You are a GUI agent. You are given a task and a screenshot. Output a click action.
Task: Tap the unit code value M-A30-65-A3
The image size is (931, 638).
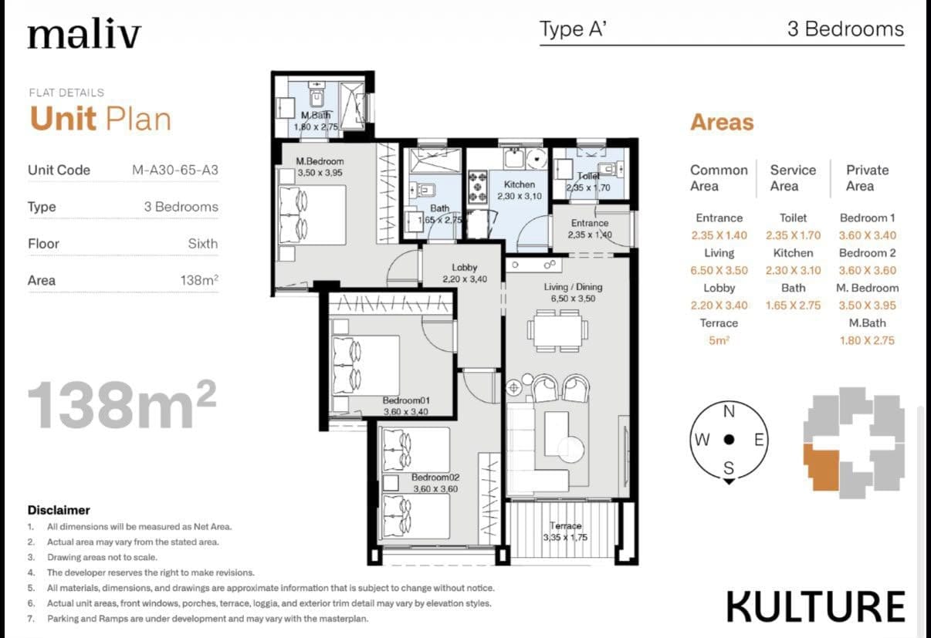tap(175, 170)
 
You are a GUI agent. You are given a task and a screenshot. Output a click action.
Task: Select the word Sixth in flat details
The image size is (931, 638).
tap(203, 244)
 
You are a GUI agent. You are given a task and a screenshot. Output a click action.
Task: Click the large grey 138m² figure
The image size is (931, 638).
tap(122, 404)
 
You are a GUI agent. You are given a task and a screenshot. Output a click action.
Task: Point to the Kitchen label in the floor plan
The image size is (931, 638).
tap(519, 184)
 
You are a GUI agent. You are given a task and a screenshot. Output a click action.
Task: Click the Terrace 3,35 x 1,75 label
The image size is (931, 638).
tap(565, 532)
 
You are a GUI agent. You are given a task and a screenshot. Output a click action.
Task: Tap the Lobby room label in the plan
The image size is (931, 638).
tap(464, 268)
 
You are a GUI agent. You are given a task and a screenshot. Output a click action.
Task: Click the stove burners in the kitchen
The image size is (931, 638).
tap(478, 187)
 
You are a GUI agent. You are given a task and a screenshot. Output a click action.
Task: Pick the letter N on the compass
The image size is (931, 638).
tap(729, 411)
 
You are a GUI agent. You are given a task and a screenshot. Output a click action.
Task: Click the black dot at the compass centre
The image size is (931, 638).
tap(729, 440)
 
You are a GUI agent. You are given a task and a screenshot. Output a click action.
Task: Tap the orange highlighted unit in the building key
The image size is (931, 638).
tap(821, 467)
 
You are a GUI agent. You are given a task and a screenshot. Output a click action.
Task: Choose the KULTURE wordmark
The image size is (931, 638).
tap(815, 607)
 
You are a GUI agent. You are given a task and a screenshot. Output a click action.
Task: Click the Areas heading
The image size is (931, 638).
tap(722, 122)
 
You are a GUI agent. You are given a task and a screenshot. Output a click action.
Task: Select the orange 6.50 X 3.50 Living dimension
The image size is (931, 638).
tap(719, 271)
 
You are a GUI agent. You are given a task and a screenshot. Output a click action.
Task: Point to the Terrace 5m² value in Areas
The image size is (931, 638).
tap(719, 340)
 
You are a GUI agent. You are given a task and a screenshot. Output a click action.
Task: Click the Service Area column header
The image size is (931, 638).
tap(793, 177)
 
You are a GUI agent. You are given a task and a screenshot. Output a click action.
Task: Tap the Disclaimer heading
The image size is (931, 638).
tap(59, 510)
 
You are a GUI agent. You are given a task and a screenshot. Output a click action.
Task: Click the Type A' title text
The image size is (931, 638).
tap(573, 29)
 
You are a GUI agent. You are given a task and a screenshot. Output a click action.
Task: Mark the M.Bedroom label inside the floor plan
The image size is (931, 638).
tap(320, 161)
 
